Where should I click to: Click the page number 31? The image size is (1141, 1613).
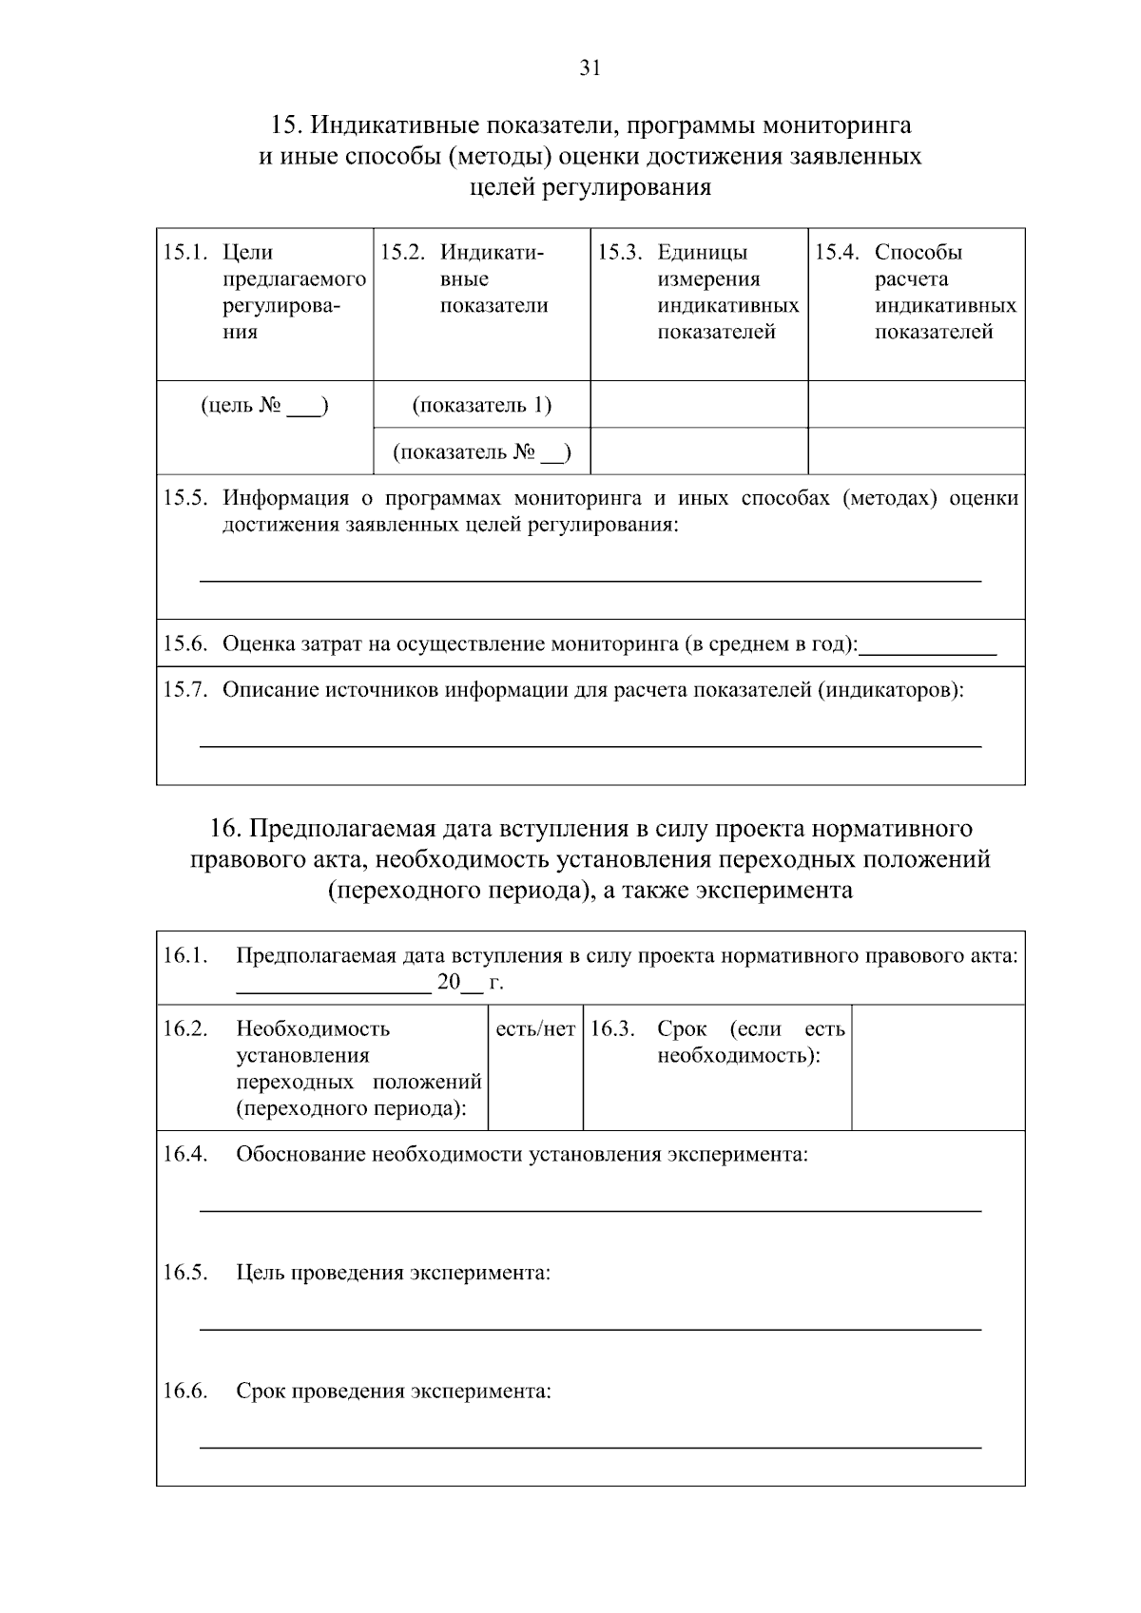[590, 67]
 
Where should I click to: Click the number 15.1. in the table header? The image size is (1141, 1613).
[184, 252]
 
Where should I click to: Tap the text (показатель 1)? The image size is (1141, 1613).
[481, 405]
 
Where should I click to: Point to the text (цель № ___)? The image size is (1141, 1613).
[264, 406]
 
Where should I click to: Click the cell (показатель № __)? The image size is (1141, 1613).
[481, 451]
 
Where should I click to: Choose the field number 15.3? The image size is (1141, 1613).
[620, 252]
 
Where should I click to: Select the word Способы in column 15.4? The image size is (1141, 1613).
[919, 252]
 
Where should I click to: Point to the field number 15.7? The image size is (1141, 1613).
[184, 689]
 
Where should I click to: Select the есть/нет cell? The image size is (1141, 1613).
[535, 1029]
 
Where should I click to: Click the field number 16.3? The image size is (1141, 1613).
[612, 1028]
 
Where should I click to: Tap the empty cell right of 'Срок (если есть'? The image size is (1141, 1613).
[938, 1066]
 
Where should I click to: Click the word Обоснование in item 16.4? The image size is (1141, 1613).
[300, 1154]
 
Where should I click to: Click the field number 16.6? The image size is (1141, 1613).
[184, 1391]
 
